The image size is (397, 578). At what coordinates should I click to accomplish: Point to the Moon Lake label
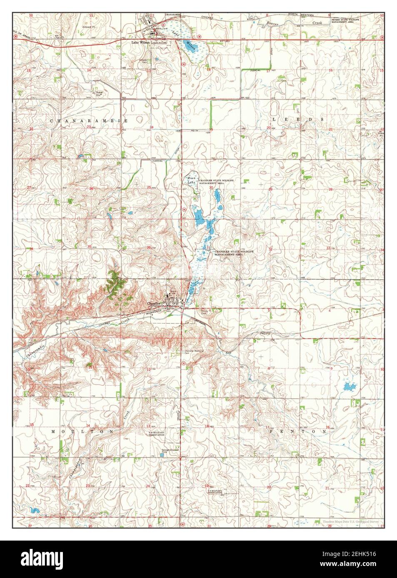pyautogui.click(x=191, y=180)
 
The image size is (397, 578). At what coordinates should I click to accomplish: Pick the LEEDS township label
pyautogui.click(x=297, y=119)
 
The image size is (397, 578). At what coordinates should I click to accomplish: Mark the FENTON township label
pyautogui.click(x=298, y=432)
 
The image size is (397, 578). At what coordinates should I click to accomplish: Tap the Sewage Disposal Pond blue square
pyautogui.click(x=162, y=454)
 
